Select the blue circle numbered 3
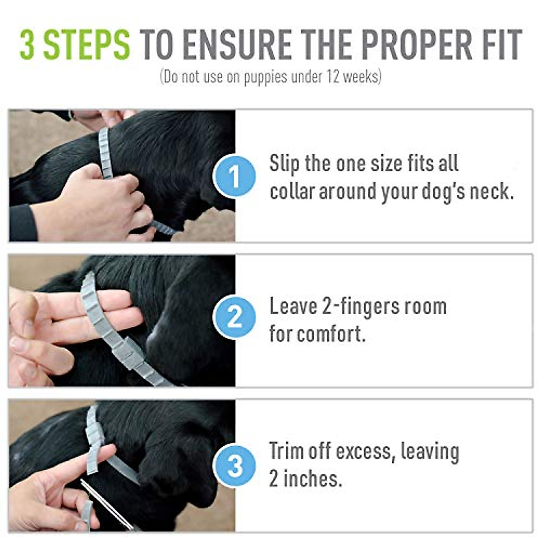pos(234,466)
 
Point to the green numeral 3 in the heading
pos(28,45)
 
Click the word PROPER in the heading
pos(415,45)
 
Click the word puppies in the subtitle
pos(266,77)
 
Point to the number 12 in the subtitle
pos(327,77)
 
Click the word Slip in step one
pos(284,163)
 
